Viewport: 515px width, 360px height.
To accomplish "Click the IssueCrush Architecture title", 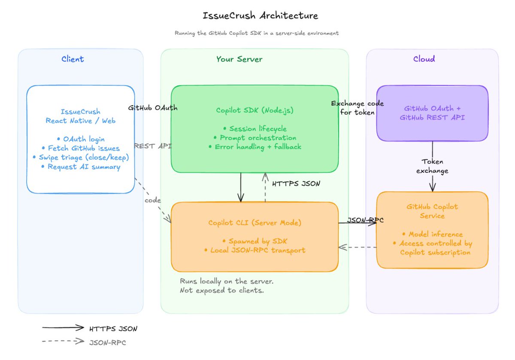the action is coord(260,15).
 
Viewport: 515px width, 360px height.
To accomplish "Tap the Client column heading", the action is coord(73,59).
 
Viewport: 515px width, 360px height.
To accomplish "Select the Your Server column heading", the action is coord(239,59).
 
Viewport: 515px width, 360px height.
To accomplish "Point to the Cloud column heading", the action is coord(424,59).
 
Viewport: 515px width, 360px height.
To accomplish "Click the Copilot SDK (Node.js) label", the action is coord(255,110).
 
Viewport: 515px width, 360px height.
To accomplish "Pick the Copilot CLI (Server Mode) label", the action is coord(255,223).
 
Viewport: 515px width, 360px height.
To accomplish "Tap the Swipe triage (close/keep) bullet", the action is coord(81,157).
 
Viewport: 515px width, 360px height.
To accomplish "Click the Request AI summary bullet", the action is coord(81,166).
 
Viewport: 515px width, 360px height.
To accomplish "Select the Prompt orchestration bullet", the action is coord(255,138).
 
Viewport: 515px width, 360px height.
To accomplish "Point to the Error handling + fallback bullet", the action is coord(255,147).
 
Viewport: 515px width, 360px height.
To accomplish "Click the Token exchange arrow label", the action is coord(432,166).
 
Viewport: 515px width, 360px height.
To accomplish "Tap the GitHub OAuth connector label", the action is coord(153,108).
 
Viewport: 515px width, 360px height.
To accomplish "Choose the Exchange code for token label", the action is coord(357,108).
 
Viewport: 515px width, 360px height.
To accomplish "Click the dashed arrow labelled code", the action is coord(153,200).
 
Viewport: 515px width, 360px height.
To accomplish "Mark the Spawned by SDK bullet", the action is coord(255,241).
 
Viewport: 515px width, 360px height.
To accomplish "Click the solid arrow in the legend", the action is coord(63,327).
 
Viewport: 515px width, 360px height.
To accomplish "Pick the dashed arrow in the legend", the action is coord(63,341).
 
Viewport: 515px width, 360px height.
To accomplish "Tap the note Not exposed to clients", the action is coord(221,290).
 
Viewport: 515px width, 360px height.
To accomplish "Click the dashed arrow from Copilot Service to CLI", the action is coord(357,247).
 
